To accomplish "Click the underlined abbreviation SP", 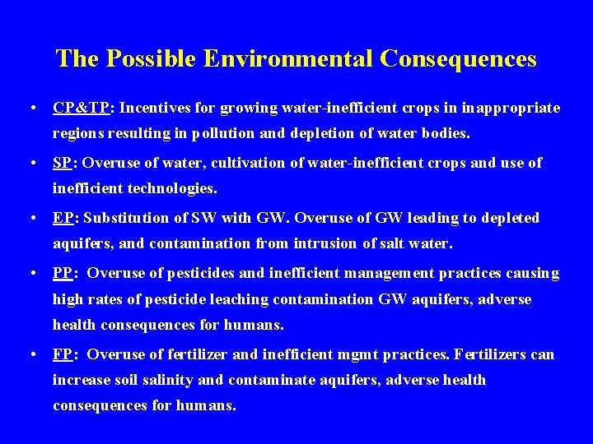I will [62, 163].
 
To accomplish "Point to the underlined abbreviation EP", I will [63, 218].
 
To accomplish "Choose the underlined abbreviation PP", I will [63, 272].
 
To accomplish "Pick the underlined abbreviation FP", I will [63, 354].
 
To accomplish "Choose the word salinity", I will [172, 380].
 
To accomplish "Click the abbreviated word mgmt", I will [378, 354].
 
